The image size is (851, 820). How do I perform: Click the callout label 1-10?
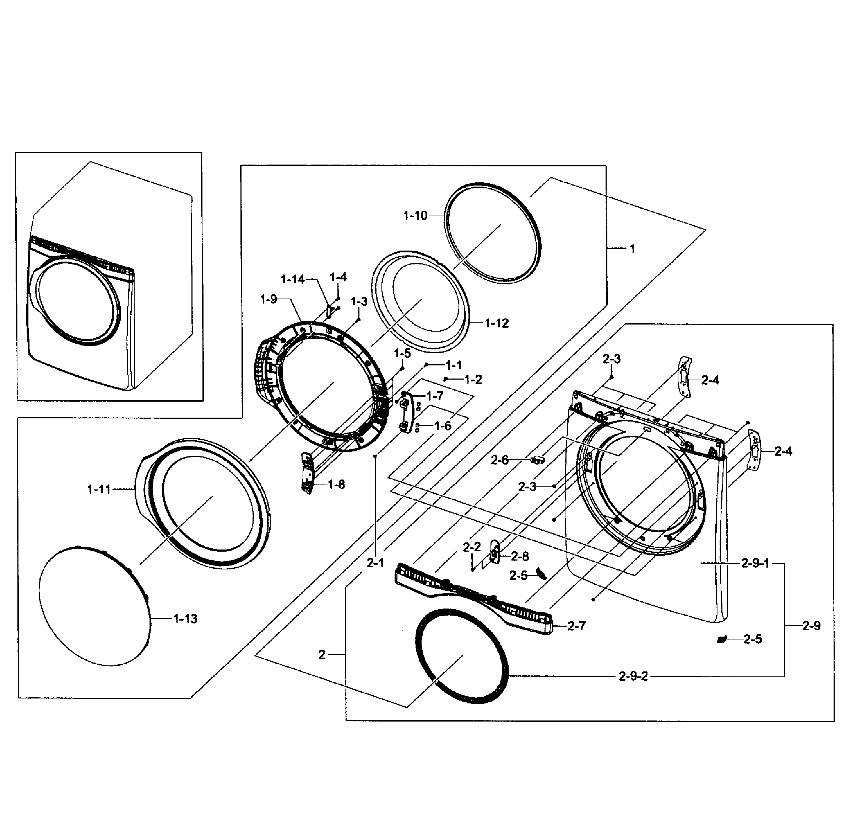pos(415,215)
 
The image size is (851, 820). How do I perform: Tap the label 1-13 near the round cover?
pos(185,619)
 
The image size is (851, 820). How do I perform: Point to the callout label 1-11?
pos(99,489)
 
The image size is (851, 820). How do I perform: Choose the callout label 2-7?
pos(576,626)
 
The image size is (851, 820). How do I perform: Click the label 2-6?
pos(499,460)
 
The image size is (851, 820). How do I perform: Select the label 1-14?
pos(293,279)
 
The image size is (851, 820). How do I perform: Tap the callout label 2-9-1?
pos(755,564)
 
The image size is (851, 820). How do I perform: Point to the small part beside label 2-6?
pos(537,459)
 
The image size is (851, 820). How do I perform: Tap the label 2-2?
pos(472,547)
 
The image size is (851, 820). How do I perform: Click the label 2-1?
pos(375,563)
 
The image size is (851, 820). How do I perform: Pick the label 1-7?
pos(435,396)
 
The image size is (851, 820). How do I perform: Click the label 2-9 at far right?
pos(811,626)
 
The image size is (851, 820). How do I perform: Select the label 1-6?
pos(443,426)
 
